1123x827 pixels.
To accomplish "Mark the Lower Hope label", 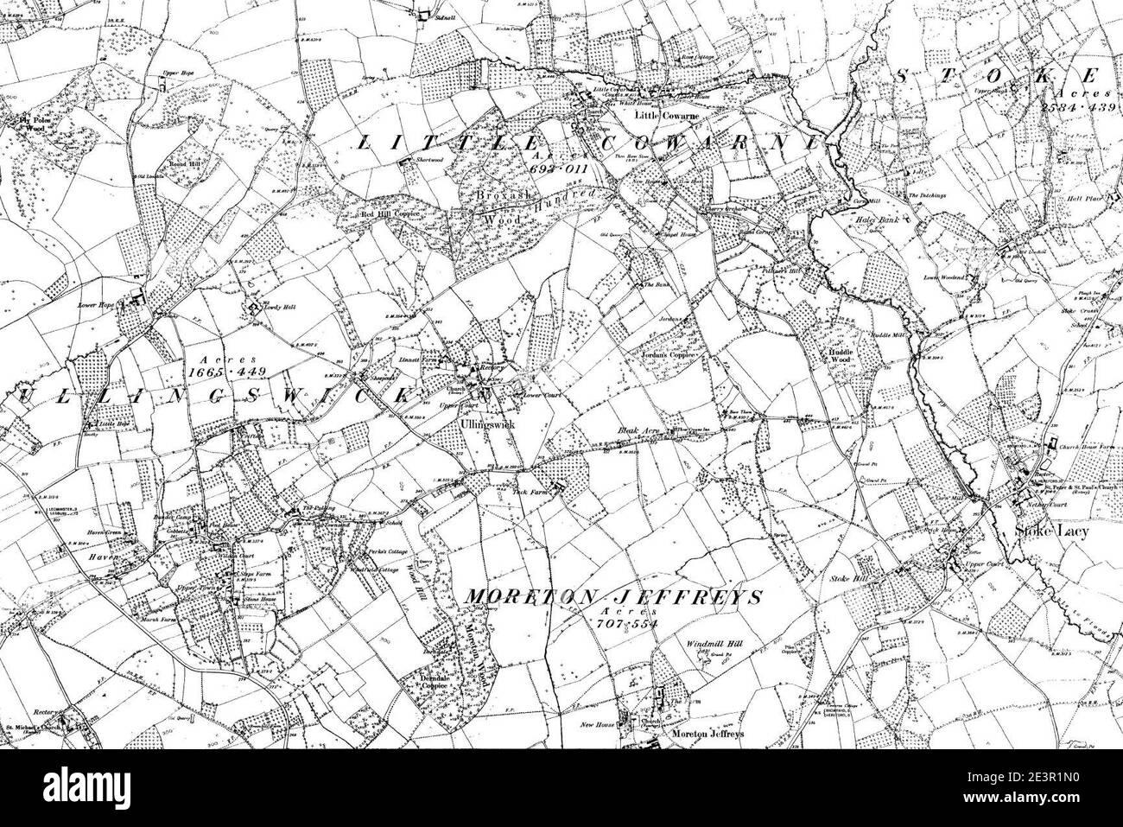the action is (96, 305).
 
